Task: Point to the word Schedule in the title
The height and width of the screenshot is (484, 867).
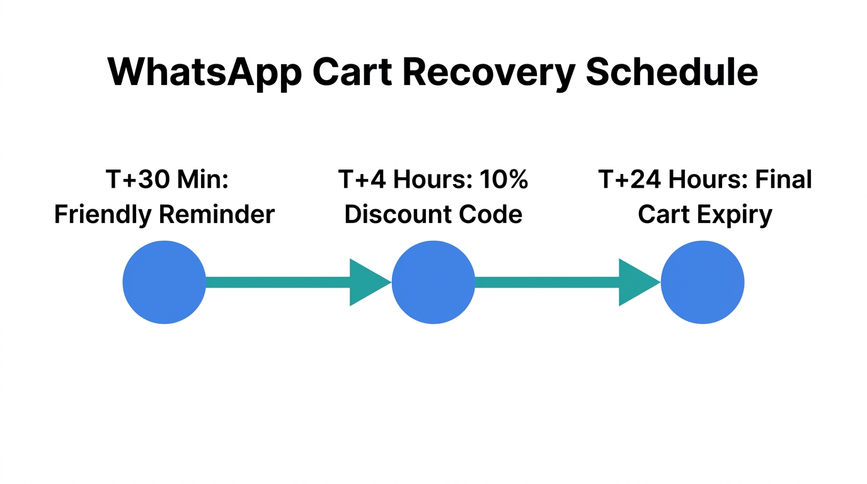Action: coord(672,71)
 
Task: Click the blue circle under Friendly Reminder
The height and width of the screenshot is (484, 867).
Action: coord(164,282)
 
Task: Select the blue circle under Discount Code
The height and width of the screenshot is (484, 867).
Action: coord(433,282)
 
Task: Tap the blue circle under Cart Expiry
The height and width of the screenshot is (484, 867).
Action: coord(703,282)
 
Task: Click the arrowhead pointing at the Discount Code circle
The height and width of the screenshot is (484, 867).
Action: coord(368,282)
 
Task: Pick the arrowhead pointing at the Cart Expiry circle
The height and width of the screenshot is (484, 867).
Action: coord(637,282)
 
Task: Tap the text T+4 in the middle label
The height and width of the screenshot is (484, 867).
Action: coord(361,180)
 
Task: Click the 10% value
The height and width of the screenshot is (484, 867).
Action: coord(503,180)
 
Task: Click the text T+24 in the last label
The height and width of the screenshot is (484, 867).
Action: coord(629,180)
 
